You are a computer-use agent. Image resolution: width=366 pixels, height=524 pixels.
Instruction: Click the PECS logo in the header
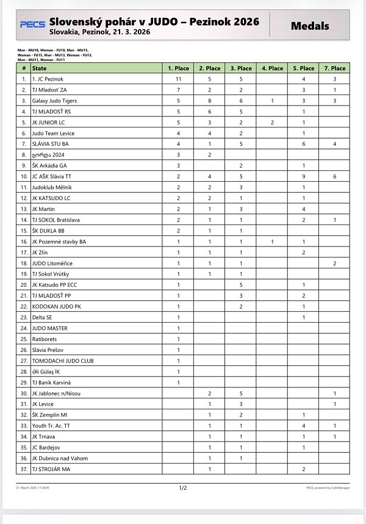(32, 24)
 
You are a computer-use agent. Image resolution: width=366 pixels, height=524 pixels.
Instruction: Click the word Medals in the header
(310, 26)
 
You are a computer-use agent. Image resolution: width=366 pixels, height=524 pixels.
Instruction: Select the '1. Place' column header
(179, 68)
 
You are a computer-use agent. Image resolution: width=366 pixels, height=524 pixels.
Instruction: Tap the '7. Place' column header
(334, 68)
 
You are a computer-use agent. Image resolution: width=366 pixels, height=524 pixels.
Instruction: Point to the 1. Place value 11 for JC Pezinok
(179, 79)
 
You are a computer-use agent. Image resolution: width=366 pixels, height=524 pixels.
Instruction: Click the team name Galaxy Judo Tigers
(54, 101)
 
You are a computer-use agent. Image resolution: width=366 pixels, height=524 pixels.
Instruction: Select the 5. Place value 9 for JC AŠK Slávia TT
(303, 176)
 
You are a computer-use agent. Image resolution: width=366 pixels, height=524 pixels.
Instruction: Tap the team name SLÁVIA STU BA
(50, 144)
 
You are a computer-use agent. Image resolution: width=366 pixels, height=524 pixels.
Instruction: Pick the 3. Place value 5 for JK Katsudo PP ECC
(241, 285)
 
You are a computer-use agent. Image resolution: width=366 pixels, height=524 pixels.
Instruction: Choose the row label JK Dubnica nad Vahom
(60, 458)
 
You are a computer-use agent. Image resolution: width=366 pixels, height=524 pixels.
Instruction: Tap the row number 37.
(24, 469)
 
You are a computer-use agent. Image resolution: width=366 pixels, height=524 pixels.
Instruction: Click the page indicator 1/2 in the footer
(182, 488)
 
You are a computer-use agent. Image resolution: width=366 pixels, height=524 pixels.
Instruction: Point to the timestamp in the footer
(33, 488)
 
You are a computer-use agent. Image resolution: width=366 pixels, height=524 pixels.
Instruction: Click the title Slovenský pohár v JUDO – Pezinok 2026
(154, 21)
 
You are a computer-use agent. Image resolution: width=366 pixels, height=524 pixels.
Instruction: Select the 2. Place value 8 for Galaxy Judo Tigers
(210, 101)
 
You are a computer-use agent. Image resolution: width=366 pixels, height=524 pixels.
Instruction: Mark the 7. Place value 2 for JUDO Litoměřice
(334, 263)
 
